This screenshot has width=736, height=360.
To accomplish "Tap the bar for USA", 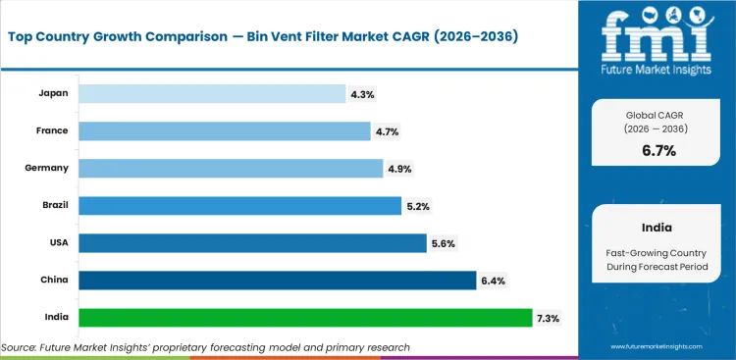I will pos(251,243).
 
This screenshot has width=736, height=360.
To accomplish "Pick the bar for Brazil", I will pos(239,206).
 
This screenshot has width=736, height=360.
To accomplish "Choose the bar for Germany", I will pos(231,168).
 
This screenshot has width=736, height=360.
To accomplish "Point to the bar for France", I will pos(225,130).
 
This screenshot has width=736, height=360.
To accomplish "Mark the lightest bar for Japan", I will pos(213,93).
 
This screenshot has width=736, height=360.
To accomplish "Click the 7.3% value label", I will pos(549,318).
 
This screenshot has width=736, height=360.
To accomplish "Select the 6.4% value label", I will pos(494,281).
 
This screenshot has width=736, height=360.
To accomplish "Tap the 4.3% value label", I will pos(362,94).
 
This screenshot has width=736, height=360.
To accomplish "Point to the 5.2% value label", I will pos(417,206).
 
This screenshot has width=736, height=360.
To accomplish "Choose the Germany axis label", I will pos(46,168).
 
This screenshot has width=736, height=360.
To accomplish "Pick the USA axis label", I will pos(58,243).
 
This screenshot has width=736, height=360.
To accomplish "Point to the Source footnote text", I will pos(206,347).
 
